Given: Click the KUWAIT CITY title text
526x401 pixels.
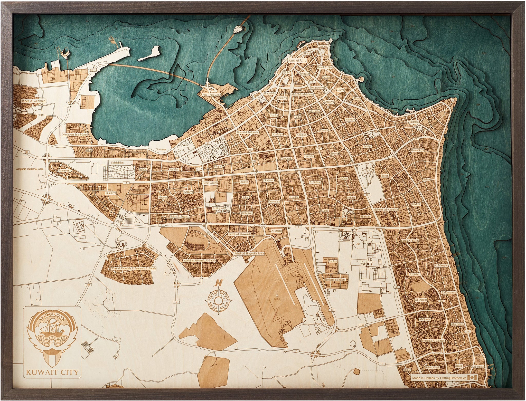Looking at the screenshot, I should (x=52, y=372).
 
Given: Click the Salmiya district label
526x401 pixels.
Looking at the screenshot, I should (x=414, y=122).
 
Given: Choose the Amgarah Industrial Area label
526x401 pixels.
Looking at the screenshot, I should (x=30, y=169).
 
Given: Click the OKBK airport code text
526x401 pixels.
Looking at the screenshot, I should (x=276, y=299).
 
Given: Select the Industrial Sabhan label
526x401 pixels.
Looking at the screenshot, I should (x=335, y=280).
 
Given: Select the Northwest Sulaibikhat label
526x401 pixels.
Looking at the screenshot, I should (x=75, y=134).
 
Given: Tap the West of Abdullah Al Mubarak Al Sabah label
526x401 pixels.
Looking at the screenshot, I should (x=133, y=268).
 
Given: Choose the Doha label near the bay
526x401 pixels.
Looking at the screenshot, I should (x=89, y=150).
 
